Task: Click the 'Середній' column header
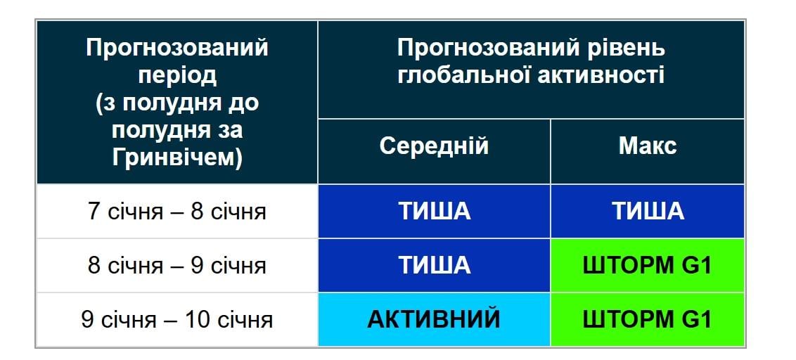(x=434, y=146)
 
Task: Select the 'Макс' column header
(x=648, y=146)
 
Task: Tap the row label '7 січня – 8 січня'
(x=177, y=211)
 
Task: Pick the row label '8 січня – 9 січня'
(x=177, y=265)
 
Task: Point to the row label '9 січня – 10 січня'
(x=177, y=319)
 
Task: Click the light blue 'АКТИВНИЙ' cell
(x=434, y=319)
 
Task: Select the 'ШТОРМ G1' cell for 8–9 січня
(x=648, y=265)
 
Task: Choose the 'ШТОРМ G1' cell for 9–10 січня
(x=648, y=319)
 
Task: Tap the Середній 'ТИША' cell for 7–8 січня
(x=434, y=211)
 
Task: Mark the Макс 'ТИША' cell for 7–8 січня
(x=648, y=211)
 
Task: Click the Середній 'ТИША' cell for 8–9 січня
(x=434, y=265)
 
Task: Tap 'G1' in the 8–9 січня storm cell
(x=696, y=265)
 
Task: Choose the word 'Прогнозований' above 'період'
(x=177, y=49)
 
